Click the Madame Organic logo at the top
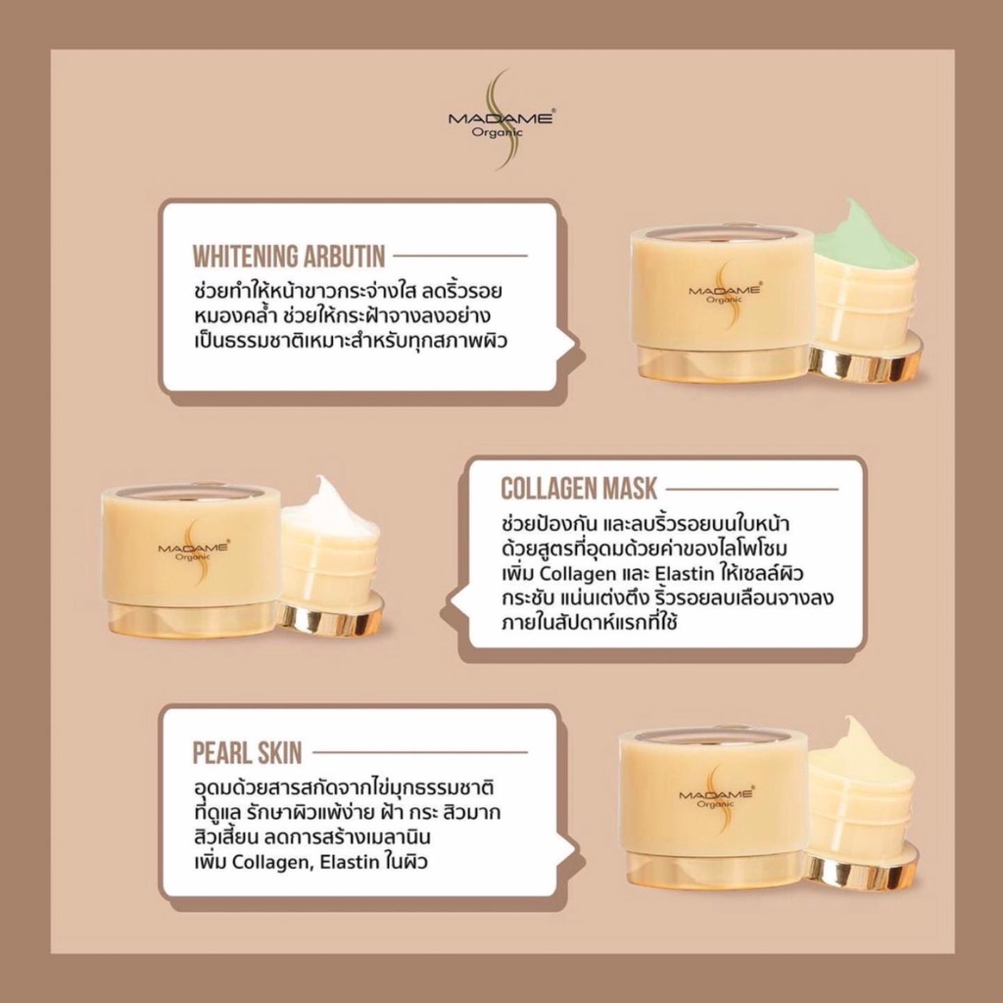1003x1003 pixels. [x=501, y=119]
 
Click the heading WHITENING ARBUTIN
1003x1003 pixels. [x=289, y=257]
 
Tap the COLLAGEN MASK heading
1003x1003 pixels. [x=578, y=489]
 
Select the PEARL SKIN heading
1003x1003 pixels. [x=247, y=753]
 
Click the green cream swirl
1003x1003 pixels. [x=863, y=241]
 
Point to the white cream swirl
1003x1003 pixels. [x=330, y=504]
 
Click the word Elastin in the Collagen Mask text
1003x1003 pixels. [x=685, y=573]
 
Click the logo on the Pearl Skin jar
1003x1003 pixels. [x=716, y=796]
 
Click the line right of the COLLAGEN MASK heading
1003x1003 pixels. [x=751, y=490]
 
